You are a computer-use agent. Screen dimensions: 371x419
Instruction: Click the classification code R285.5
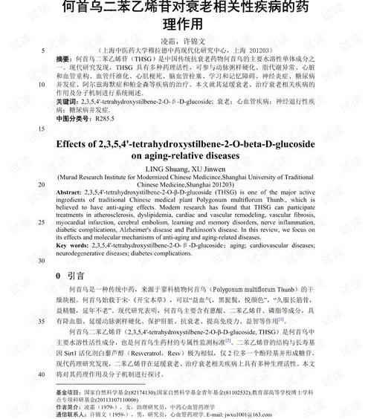(106, 117)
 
